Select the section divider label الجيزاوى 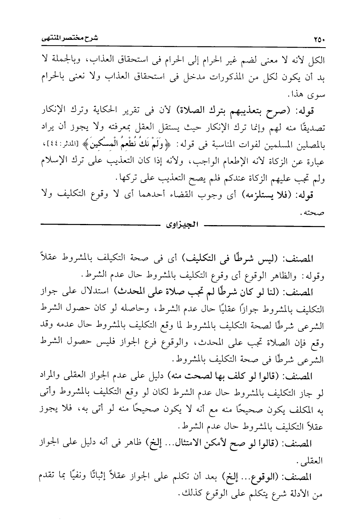[181, 224]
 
